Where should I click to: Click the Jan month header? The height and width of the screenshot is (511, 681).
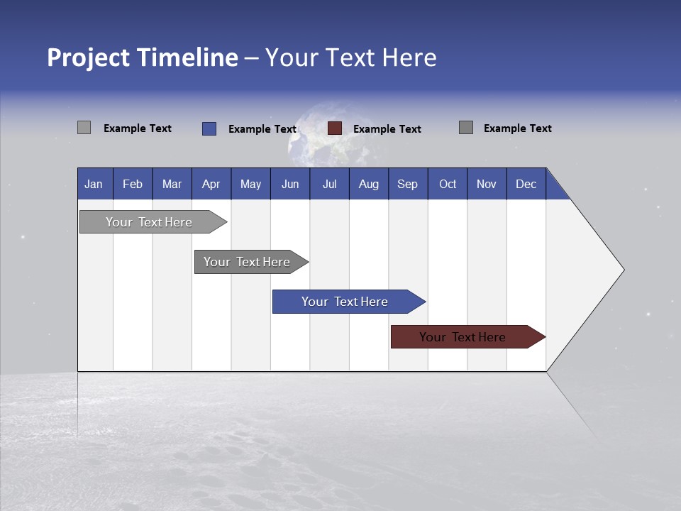94,185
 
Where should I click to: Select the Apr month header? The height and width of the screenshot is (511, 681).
211,185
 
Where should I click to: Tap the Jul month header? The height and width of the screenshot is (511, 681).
329,185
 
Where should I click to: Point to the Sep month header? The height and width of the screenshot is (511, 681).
407,185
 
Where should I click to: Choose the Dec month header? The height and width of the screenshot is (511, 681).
526,185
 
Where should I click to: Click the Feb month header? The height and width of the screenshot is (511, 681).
133,185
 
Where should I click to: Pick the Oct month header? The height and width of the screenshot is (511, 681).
448,185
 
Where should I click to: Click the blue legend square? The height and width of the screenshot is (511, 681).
209,128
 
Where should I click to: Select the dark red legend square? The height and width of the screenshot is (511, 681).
335,128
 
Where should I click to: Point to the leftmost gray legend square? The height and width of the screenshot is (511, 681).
84,128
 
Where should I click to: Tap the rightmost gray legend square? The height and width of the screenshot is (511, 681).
466,128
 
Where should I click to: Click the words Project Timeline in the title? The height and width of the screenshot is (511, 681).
143,57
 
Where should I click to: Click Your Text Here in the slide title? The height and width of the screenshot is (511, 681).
351,57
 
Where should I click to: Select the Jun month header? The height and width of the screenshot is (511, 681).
290,185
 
